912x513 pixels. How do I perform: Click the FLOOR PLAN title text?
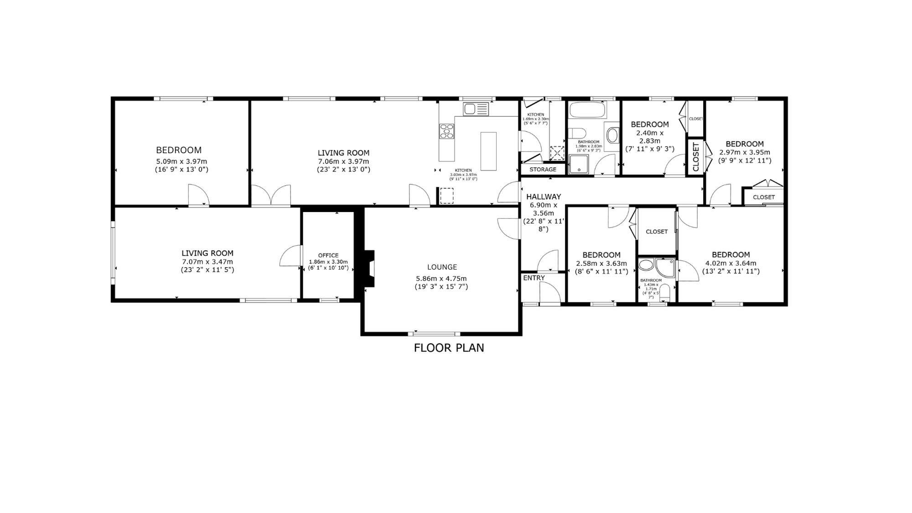coord(449,348)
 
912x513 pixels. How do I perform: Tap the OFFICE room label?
coord(328,255)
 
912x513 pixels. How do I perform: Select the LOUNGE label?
coord(442,267)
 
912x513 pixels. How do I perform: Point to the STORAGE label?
coord(543,170)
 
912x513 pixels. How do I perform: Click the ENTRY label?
coord(534,278)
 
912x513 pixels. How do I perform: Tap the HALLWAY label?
coord(544,197)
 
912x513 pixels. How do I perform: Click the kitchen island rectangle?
coord(488,151)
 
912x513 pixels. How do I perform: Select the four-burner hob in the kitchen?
coord(447,131)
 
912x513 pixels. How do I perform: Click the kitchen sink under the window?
coord(476,109)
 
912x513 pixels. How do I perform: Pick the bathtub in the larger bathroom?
coord(587,109)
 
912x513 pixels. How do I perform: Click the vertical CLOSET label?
coord(696,157)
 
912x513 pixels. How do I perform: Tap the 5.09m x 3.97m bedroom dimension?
coord(181,161)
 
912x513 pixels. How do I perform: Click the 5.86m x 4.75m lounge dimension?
coord(441,279)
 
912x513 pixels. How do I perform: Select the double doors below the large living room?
coord(271,195)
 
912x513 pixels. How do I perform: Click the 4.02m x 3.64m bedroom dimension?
coord(731,263)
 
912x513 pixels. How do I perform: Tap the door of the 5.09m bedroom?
coord(199,195)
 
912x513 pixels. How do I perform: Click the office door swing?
coord(291,256)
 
